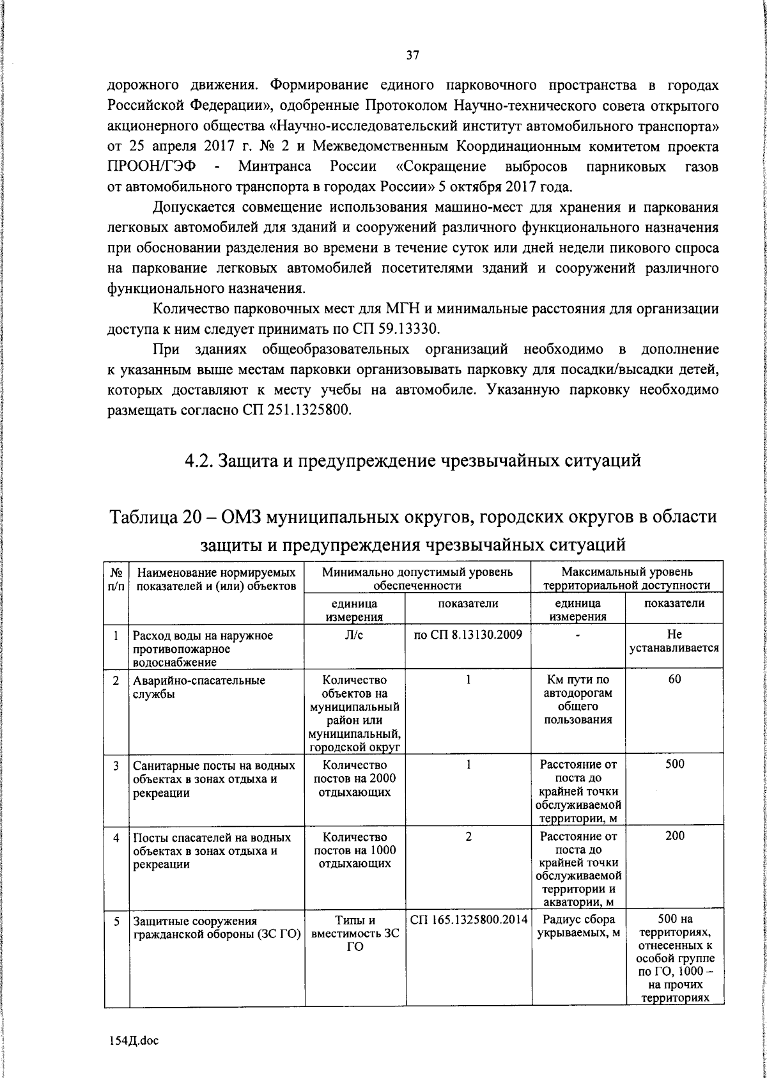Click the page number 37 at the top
click(x=412, y=56)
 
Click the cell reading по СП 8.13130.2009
click(x=468, y=635)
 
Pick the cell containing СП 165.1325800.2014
click(x=468, y=920)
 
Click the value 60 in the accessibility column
click(x=674, y=679)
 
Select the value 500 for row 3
click(x=674, y=764)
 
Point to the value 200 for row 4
click(x=674, y=836)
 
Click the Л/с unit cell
click(x=354, y=635)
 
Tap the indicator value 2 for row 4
click(x=468, y=836)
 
